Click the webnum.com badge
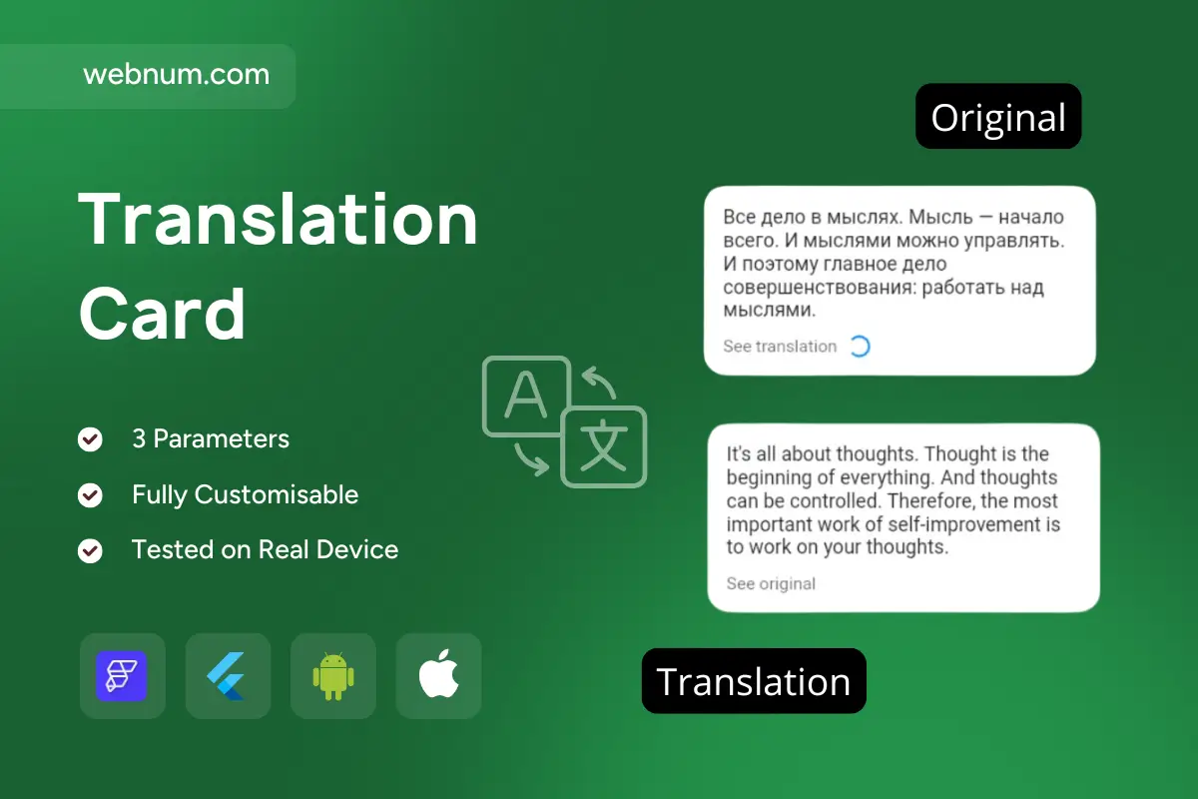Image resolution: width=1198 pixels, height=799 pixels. (x=177, y=75)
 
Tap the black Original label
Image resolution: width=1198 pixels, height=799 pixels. (x=998, y=117)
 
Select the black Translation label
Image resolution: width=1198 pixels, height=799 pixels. (x=754, y=681)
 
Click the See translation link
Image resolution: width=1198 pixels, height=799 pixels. (x=780, y=347)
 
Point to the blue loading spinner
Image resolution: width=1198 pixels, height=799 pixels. (x=859, y=347)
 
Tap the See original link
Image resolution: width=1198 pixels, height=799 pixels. (x=771, y=583)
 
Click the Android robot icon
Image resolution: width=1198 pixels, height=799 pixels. (x=333, y=676)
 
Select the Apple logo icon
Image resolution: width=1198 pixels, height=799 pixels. (x=439, y=676)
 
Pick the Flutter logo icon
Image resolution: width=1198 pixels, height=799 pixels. (x=228, y=676)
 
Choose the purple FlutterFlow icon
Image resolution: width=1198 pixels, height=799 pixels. (x=122, y=676)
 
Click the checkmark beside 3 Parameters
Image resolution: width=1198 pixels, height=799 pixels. (x=91, y=439)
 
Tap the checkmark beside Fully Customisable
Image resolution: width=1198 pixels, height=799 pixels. (x=91, y=495)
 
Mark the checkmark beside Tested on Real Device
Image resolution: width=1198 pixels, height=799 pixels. (x=91, y=550)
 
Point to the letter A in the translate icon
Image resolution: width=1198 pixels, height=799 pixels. (x=525, y=398)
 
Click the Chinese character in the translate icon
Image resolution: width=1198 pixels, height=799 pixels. (x=603, y=447)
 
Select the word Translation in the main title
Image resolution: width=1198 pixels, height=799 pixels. (x=279, y=220)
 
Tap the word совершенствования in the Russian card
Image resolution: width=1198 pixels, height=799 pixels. (x=810, y=288)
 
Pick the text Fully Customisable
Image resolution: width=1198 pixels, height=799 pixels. (x=245, y=494)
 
